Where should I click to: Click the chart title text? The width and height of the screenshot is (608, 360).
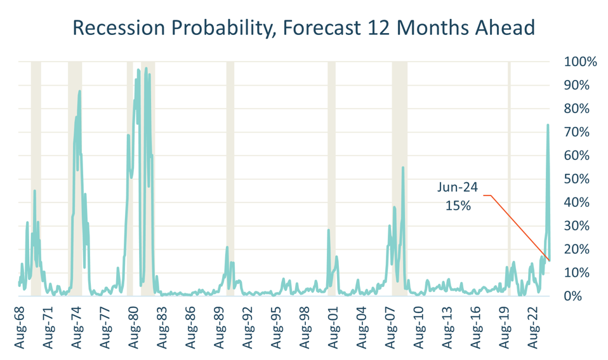[303, 27]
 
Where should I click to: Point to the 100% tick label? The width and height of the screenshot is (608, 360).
[580, 62]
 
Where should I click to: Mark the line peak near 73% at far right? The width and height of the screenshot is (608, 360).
[548, 126]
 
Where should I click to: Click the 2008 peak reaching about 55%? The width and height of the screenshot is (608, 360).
[403, 168]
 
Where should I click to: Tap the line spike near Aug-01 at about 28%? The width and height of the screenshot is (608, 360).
[329, 230]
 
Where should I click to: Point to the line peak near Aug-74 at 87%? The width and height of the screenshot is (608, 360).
[80, 91]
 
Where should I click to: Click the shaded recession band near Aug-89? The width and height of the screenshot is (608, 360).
[230, 178]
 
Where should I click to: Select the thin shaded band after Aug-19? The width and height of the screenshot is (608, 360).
[509, 178]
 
